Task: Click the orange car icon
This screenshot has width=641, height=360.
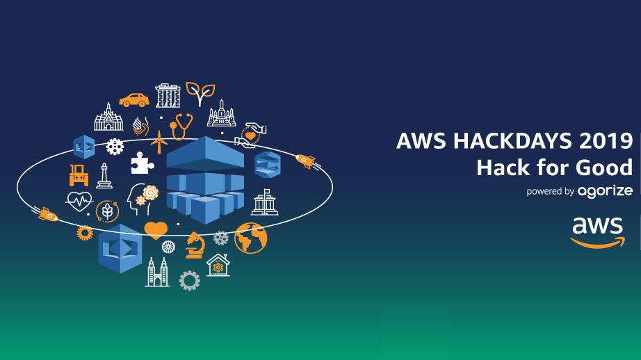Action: pyautogui.click(x=133, y=99)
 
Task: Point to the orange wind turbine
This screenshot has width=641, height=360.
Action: pyautogui.click(x=160, y=141)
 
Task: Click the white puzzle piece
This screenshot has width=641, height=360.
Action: pyautogui.click(x=141, y=162)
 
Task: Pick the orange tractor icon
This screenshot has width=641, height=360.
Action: pyautogui.click(x=79, y=174)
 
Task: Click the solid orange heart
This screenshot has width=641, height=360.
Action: pyautogui.click(x=156, y=229)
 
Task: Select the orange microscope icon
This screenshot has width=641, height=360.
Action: pyautogui.click(x=194, y=245)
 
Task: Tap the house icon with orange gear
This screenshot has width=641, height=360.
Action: pyautogui.click(x=218, y=265)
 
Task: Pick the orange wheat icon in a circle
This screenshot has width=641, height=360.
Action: pyautogui.click(x=107, y=210)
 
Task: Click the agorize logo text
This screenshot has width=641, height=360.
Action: pyautogui.click(x=604, y=191)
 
